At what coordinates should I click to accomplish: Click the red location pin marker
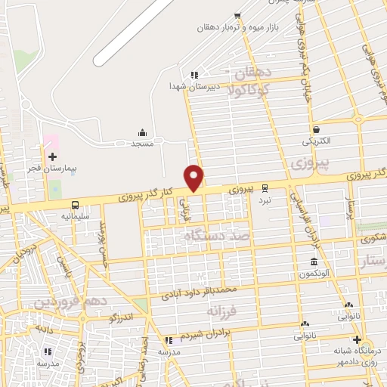(194, 178)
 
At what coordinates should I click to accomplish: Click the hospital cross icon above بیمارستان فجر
(52, 157)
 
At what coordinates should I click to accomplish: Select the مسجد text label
(142, 143)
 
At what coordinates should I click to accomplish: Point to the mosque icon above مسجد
(142, 132)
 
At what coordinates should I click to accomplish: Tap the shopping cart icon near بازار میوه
(237, 16)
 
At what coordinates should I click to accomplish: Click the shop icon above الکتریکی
(316, 129)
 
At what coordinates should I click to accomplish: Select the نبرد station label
(265, 200)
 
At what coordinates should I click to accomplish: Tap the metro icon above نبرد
(265, 188)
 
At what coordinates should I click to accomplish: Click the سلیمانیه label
(76, 216)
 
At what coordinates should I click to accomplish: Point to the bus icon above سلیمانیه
(75, 205)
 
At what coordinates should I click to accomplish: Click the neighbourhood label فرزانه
(221, 311)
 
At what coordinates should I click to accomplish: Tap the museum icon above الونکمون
(313, 262)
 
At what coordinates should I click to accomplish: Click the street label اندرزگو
(121, 317)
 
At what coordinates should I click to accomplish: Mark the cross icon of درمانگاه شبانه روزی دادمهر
(357, 339)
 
